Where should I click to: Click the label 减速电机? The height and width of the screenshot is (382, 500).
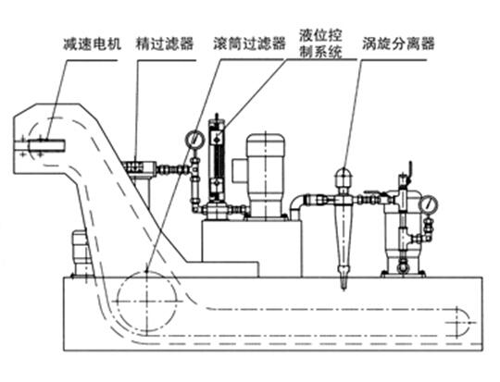click(x=93, y=43)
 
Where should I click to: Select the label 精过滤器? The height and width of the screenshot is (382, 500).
click(x=165, y=43)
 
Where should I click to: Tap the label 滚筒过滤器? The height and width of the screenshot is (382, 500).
click(x=249, y=43)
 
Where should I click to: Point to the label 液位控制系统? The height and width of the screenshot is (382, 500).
click(x=320, y=43)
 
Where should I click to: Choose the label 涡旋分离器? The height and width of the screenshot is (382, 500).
click(x=398, y=43)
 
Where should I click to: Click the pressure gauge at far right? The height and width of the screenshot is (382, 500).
click(x=430, y=204)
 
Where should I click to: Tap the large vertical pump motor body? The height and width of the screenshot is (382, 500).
click(x=266, y=175)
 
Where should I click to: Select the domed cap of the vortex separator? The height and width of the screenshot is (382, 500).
click(x=344, y=177)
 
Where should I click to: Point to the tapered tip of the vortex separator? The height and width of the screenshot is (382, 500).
click(x=344, y=284)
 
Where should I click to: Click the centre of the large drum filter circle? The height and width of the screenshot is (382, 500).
click(x=146, y=301)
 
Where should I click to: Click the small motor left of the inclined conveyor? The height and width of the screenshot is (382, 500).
click(x=80, y=252)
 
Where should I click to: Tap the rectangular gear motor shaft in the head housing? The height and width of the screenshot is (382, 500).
click(x=40, y=146)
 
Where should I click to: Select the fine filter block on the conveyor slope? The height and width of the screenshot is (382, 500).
click(x=139, y=167)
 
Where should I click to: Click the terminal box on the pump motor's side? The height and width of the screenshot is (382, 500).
click(x=240, y=171)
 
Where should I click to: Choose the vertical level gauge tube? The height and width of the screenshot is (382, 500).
click(x=217, y=158)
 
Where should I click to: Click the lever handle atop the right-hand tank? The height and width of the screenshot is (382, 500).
click(x=409, y=171)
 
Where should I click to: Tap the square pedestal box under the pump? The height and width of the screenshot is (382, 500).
click(x=252, y=248)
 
